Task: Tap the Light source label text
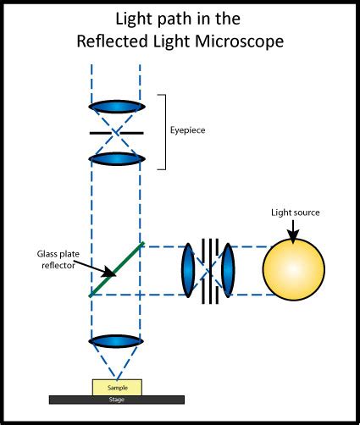pos(294,211)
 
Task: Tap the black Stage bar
pos(117,399)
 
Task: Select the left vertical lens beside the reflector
pos(187,270)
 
